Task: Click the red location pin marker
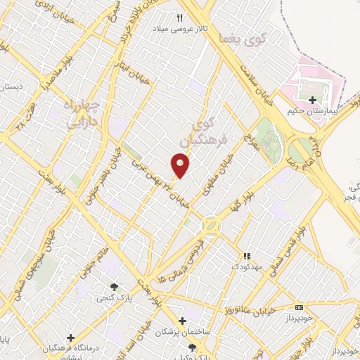[x=181, y=165]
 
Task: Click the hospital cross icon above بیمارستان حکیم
[x=312, y=101]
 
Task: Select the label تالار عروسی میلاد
[x=179, y=29]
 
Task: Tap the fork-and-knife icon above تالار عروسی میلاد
[x=179, y=18]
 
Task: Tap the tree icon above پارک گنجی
[x=114, y=286]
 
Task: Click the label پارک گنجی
[x=114, y=297]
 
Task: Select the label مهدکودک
[x=246, y=268]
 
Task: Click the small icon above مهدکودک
[x=246, y=257]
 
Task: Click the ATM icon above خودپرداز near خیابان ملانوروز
[x=300, y=307]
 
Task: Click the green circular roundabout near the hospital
[x=300, y=148]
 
